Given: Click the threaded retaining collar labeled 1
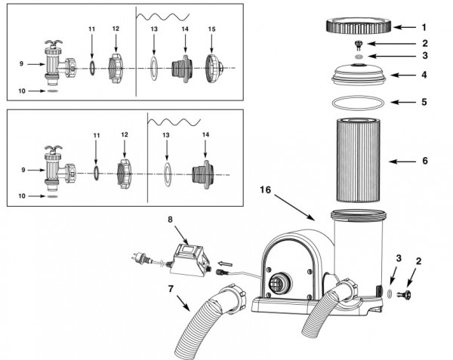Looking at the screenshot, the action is coord(359,26).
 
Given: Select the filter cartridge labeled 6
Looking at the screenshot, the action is coord(358,160).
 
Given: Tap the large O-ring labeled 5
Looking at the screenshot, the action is coord(358,97).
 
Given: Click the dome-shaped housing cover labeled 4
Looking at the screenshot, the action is coord(359,74).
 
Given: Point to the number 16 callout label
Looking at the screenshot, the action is coord(266,189).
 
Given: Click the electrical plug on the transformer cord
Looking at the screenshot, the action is coord(139,257).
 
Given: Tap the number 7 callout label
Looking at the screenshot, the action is coord(171,288).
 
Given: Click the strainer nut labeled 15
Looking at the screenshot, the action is coord(213,69).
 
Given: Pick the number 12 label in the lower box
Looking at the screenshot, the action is coord(125,135).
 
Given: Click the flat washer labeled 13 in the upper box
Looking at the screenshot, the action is coord(154,69).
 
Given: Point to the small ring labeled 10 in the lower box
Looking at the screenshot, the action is coord(52,196).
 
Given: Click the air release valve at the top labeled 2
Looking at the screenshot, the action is coord(358,45).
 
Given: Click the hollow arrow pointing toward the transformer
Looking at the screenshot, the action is coord(225,263).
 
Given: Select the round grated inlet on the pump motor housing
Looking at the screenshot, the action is coord(280,282).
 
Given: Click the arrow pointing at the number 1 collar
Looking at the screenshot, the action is coord(404,27).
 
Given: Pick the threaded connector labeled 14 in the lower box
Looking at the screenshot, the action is coord(203,174).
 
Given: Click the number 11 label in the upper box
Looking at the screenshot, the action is coord(91,29).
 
